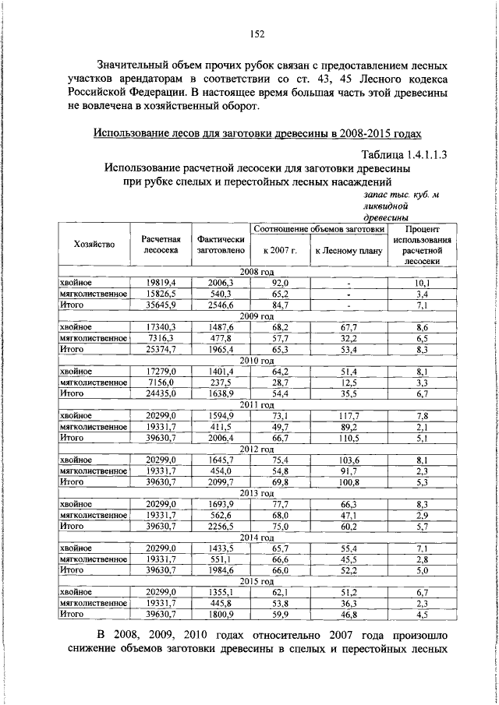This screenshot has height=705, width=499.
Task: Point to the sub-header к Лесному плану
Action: [348, 250]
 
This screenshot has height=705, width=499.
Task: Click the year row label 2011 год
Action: [260, 405]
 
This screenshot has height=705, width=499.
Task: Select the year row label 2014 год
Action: [260, 538]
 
